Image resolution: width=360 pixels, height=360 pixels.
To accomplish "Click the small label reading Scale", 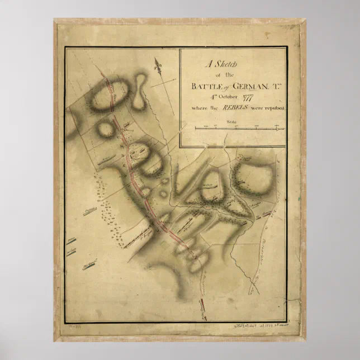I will (232, 121).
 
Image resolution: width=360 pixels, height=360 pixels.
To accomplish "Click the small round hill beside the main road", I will (105, 129).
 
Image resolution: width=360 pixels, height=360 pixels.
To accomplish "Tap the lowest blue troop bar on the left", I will (86, 266).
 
